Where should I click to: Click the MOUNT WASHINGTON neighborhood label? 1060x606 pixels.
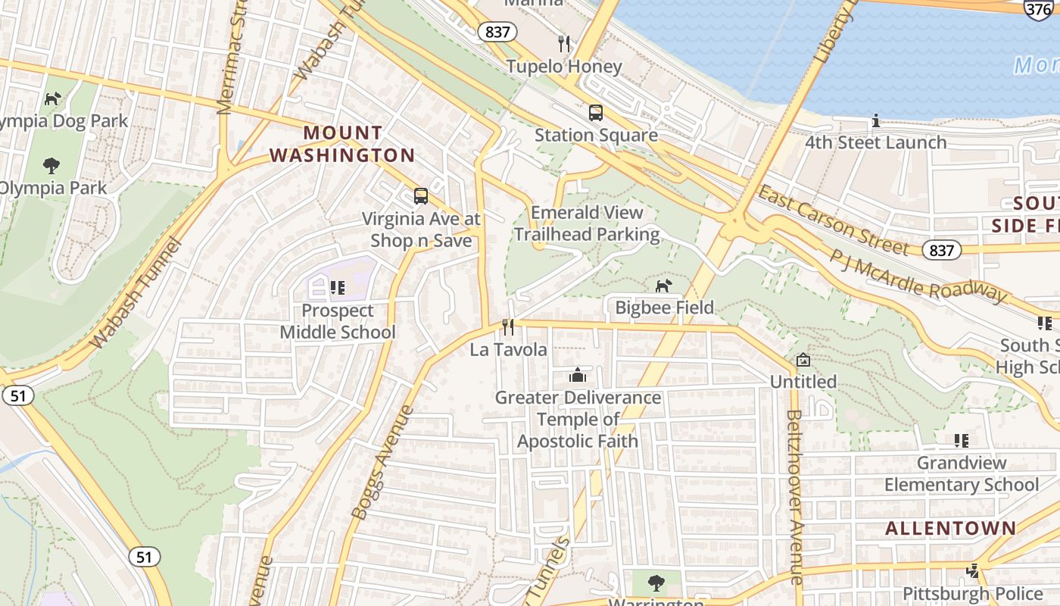click(342, 144)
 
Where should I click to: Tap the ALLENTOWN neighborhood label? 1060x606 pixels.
click(951, 528)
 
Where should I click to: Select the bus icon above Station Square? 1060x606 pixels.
click(596, 113)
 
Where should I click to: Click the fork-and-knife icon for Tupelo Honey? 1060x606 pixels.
click(563, 43)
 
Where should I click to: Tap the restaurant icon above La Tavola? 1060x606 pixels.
click(508, 327)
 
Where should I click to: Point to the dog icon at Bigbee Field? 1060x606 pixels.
click(663, 286)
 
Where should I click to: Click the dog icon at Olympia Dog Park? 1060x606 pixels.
click(52, 98)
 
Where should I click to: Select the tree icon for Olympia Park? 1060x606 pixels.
click(51, 165)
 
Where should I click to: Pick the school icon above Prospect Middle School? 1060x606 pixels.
click(337, 288)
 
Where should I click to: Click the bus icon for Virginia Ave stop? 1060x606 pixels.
click(421, 196)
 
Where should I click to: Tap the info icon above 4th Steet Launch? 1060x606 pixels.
click(875, 120)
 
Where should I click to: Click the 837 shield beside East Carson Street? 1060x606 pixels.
click(941, 250)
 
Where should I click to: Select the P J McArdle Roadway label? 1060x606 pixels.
click(918, 275)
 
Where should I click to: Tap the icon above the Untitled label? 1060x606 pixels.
click(803, 360)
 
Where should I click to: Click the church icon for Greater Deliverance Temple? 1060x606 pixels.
click(578, 375)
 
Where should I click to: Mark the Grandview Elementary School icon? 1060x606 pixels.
click(962, 440)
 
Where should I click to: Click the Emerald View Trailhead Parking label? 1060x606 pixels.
click(587, 223)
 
